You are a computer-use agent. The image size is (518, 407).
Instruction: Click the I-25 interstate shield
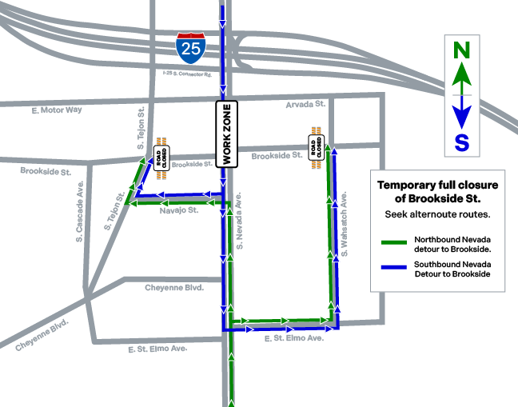(191, 48)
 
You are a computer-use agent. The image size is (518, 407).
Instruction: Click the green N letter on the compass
(462, 50)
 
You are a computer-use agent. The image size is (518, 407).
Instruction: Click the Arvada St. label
(306, 104)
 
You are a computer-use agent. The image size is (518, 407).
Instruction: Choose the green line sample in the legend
(394, 241)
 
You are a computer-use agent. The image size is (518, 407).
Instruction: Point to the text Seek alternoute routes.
(436, 214)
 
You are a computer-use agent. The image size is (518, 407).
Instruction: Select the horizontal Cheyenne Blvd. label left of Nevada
(174, 288)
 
